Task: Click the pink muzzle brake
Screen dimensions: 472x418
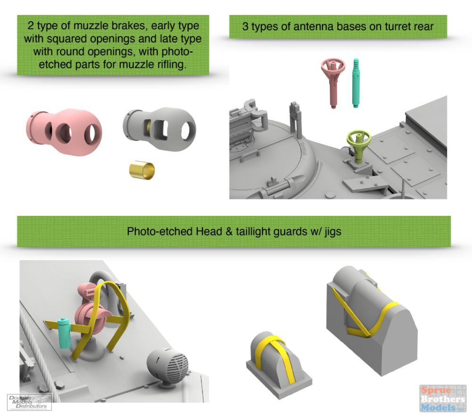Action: (x=64, y=131)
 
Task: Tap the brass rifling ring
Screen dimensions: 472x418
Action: (x=142, y=171)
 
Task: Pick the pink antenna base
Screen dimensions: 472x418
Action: (x=333, y=81)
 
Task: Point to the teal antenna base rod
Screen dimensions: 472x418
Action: (x=356, y=82)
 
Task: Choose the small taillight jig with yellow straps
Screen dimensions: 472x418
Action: (x=279, y=364)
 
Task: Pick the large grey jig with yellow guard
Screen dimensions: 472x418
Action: (x=371, y=320)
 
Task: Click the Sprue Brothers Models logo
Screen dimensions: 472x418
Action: (x=443, y=399)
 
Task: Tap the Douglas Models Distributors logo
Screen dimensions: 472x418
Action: (x=29, y=402)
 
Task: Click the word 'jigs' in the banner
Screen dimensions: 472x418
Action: (x=333, y=232)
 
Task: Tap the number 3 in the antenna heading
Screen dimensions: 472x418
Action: (x=245, y=26)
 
